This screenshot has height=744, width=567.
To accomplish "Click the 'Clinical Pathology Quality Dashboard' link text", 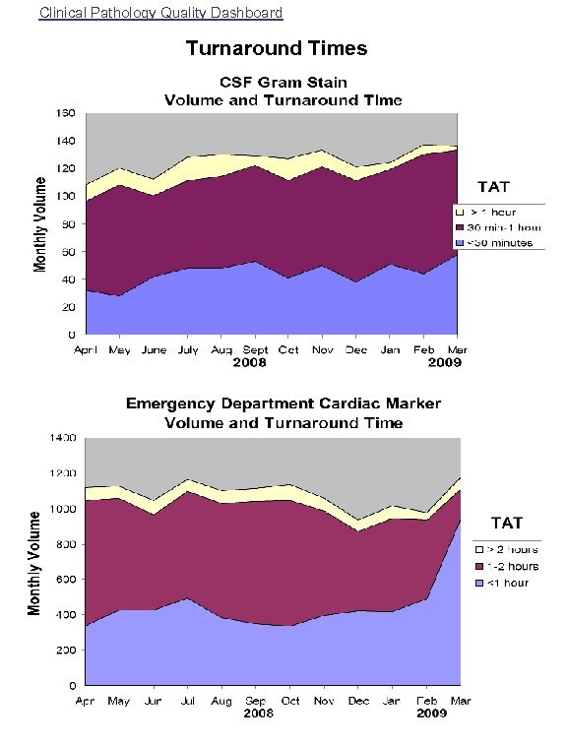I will pyautogui.click(x=161, y=13).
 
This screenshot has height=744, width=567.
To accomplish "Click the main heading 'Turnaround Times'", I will pyautogui.click(x=277, y=48).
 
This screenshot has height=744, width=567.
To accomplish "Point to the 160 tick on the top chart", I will pyautogui.click(x=64, y=113).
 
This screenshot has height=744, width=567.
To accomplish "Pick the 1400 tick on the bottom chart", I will pyautogui.click(x=63, y=438).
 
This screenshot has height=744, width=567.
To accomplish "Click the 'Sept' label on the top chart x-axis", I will pyautogui.click(x=255, y=349).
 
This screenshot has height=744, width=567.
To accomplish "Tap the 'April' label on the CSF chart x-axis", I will pyautogui.click(x=88, y=349).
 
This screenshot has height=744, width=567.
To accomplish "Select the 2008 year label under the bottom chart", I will pyautogui.click(x=258, y=713).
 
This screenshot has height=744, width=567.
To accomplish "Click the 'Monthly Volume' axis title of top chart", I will pyautogui.click(x=40, y=224).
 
